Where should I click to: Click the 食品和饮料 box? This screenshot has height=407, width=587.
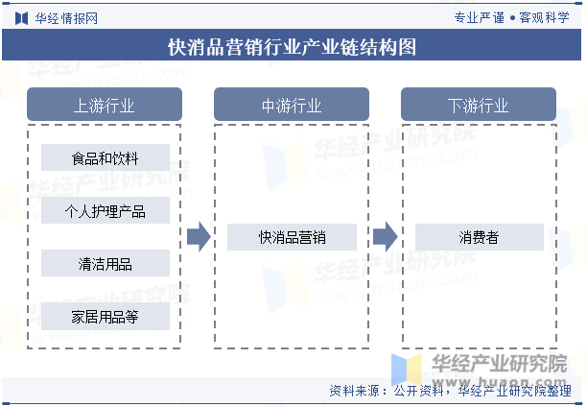106,157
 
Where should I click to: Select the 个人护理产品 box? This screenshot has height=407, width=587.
106,210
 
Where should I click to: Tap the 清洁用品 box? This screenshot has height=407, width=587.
106,263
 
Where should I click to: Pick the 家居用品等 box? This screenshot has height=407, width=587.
106,317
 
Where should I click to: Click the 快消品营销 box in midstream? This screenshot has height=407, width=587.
292,237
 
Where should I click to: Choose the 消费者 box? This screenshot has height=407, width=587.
480,237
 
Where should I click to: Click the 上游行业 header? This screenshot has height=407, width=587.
105,105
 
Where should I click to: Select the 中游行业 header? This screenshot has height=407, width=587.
292,105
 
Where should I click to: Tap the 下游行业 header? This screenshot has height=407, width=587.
479,105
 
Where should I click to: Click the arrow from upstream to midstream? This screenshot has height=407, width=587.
199,237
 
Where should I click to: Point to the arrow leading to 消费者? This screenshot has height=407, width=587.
386,237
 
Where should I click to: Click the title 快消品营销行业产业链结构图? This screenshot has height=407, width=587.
292,47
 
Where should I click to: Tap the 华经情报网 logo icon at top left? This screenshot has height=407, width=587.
21,18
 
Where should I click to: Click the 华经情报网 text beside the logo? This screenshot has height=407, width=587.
66,18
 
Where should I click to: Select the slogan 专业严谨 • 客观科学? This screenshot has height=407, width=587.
512,17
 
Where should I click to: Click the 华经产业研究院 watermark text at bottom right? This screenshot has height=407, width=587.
500,364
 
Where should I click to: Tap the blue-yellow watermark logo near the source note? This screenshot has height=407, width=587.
407,370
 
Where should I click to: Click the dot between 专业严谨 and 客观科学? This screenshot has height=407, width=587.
512,18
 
